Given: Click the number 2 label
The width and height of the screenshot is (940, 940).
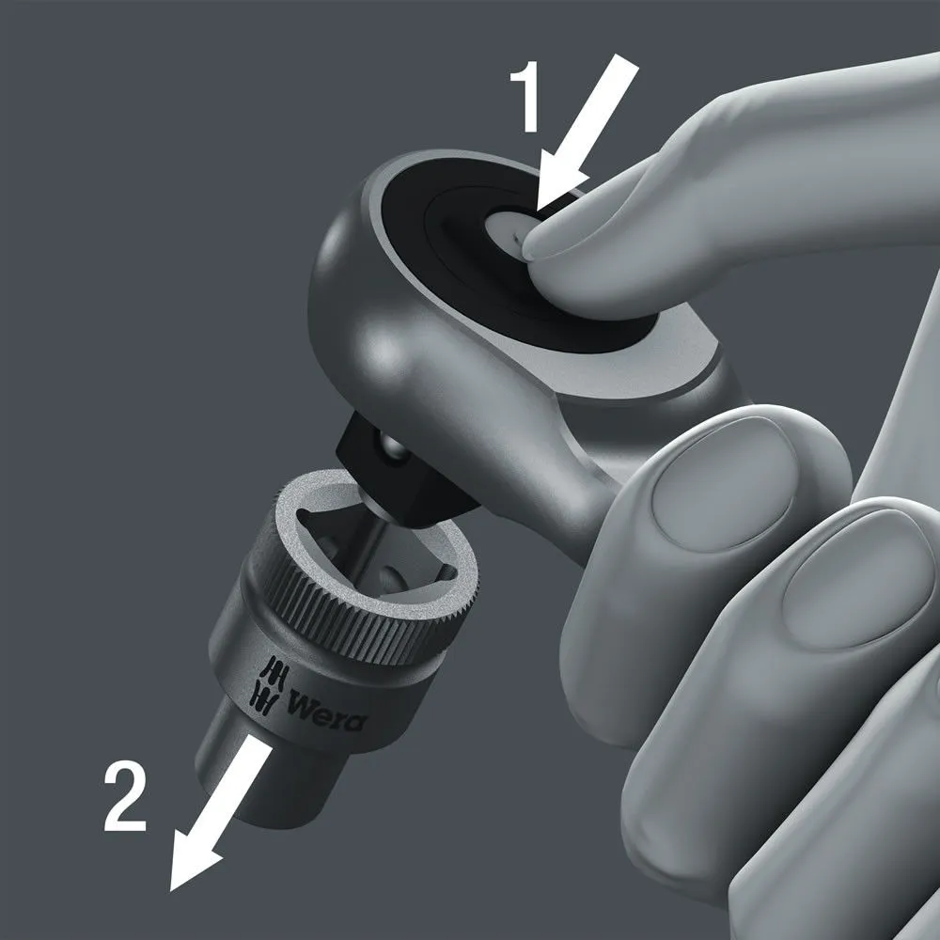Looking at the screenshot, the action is pos(125,797).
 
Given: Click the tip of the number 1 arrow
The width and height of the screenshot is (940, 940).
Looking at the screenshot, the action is pos(539,211).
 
